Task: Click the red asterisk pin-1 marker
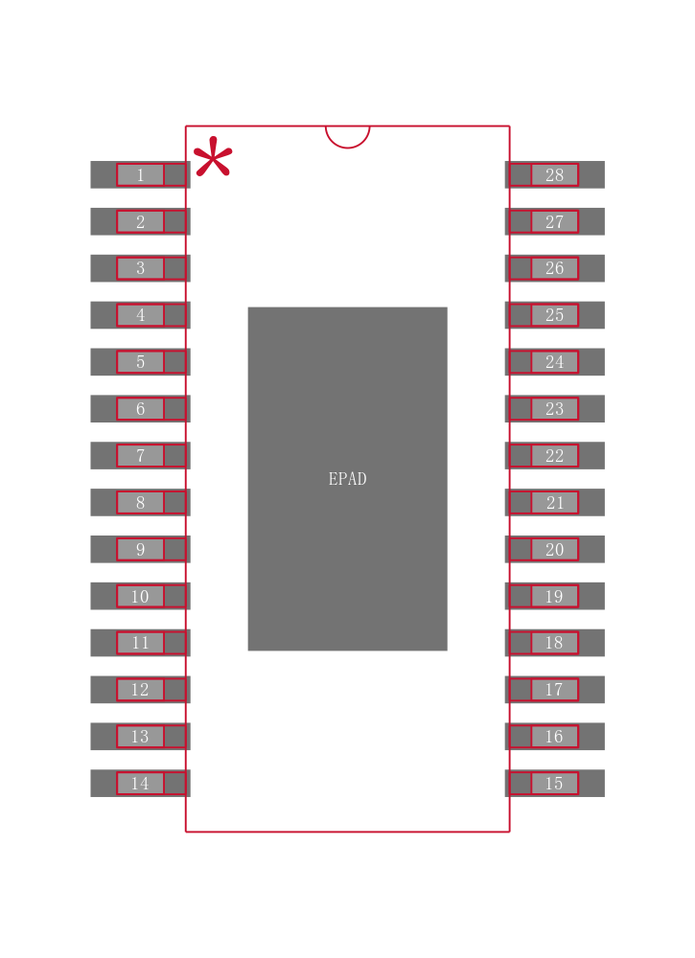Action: (x=212, y=158)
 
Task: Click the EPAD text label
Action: (x=347, y=479)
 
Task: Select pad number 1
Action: (x=140, y=174)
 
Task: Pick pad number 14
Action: (x=140, y=784)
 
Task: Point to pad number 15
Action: (x=554, y=784)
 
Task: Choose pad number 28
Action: (x=554, y=174)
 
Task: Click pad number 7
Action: (x=140, y=456)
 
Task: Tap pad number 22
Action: (x=554, y=456)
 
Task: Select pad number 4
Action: (x=140, y=315)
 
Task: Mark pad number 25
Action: (x=554, y=315)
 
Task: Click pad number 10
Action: (x=140, y=596)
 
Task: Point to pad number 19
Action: (x=554, y=596)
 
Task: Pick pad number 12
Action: (x=140, y=690)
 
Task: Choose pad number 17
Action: (x=554, y=690)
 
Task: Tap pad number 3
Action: (x=140, y=268)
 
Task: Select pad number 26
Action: (x=554, y=268)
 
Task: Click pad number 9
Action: (x=140, y=549)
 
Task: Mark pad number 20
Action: (x=554, y=549)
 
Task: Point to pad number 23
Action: (x=554, y=409)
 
